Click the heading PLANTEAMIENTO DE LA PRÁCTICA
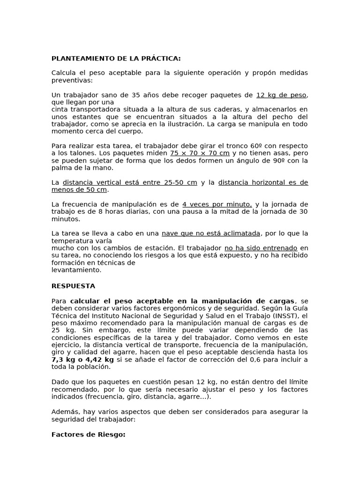point(116,59)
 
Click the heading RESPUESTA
point(73,285)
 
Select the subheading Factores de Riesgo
point(88,435)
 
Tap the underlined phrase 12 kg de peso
point(281,95)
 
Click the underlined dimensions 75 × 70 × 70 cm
point(200,153)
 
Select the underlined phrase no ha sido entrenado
point(261,247)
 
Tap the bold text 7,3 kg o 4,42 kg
point(82,359)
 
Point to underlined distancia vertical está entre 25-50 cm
point(130,182)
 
